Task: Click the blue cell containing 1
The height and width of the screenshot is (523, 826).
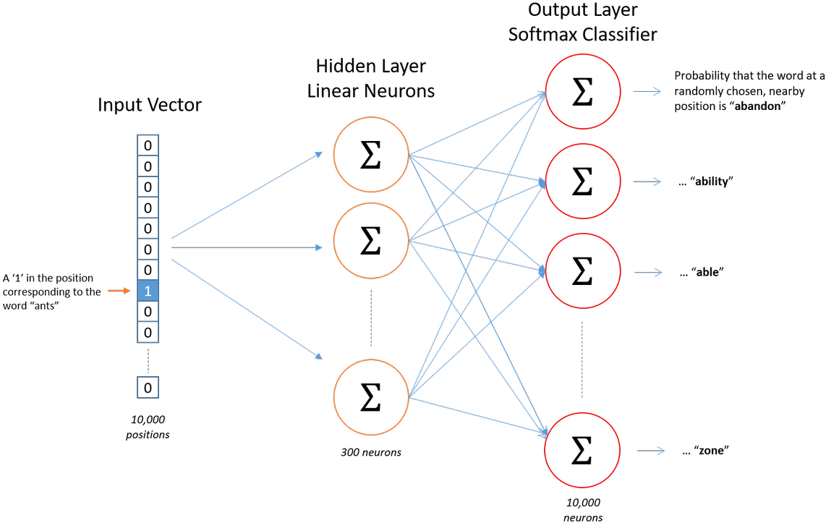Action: coord(148,291)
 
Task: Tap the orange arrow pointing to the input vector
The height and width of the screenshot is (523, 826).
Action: coord(119,291)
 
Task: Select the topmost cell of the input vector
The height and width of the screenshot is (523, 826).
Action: coord(148,145)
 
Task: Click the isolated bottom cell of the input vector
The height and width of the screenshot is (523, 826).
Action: coord(148,388)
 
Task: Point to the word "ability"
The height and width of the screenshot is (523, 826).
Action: coord(712,182)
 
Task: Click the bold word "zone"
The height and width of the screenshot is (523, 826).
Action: coord(711,451)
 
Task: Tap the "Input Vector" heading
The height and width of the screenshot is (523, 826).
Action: coord(150,105)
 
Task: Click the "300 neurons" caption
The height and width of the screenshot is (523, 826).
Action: coord(371,452)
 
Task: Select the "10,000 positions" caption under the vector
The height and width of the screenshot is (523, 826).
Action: coord(148,427)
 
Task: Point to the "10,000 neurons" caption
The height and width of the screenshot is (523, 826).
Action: coord(583,511)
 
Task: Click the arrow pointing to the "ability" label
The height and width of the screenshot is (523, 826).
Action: coord(647,182)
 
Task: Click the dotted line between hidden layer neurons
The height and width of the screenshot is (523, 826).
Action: coord(371,318)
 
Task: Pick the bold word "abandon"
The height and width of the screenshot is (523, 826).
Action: coord(757,106)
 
